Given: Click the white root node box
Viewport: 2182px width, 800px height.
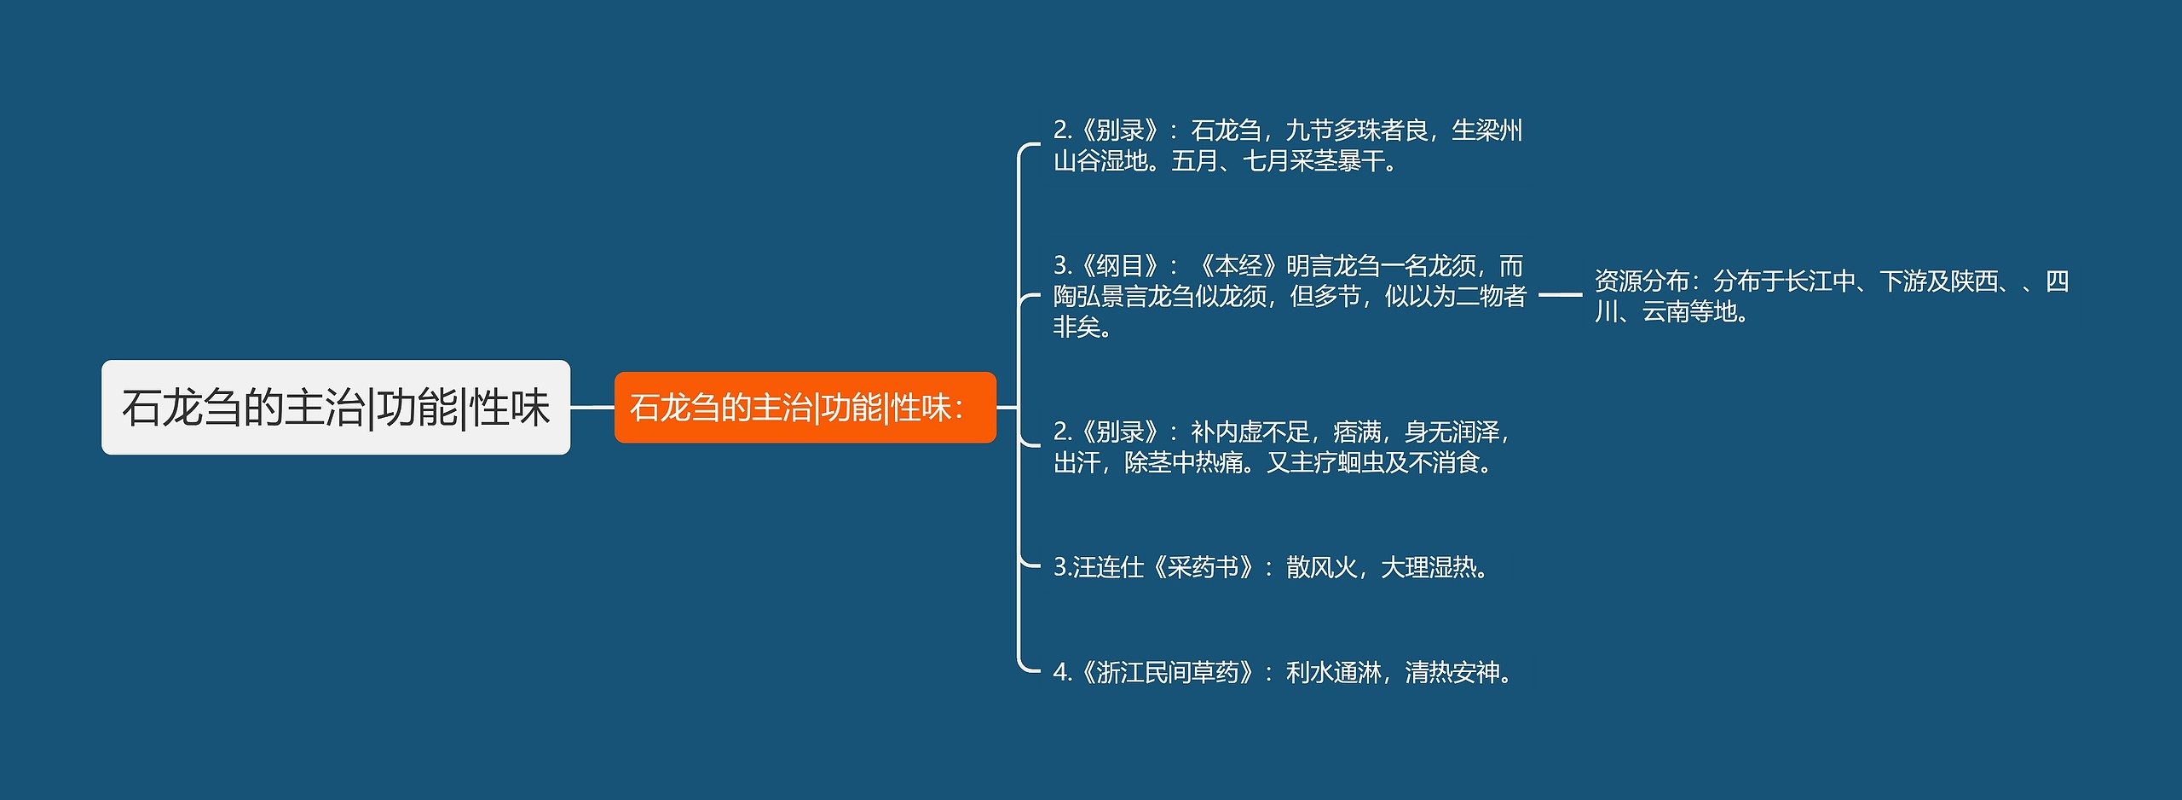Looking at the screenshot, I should pos(336,408).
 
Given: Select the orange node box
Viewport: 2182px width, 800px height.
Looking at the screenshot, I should pos(805,408).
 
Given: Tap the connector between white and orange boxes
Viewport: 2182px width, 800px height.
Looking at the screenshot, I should pos(592,408).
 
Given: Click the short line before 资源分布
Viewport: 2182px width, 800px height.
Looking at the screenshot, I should pos(1560,295).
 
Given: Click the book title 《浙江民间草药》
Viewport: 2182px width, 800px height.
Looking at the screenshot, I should pos(1168,673).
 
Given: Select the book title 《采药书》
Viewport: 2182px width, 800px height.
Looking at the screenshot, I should pos(1204,567).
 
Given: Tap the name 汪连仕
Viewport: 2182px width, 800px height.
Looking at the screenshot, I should pos(1108,567).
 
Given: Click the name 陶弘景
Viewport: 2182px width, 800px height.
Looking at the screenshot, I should pos(1089,297).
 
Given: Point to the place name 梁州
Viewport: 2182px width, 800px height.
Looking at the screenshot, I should pos(1498,130).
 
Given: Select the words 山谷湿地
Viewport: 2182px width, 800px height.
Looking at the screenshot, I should pos(1100,161).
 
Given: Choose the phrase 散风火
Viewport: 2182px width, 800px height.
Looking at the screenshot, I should pos(1321,567).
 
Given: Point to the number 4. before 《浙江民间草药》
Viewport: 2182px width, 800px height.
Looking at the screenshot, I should pos(1062,673).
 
